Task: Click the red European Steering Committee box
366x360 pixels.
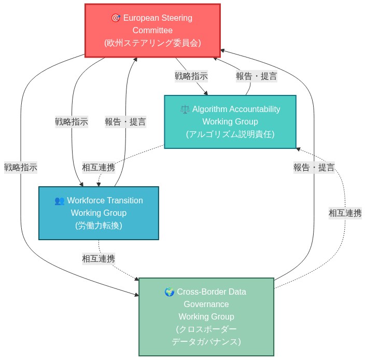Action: pyautogui.click(x=152, y=30)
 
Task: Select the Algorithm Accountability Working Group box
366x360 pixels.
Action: pyautogui.click(x=230, y=122)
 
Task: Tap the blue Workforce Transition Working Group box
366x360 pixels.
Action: pyautogui.click(x=98, y=213)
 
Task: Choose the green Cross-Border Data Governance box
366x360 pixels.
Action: pyautogui.click(x=206, y=316)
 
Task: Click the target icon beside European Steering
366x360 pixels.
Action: pyautogui.click(x=116, y=18)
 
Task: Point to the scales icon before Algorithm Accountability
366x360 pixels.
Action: pyautogui.click(x=185, y=109)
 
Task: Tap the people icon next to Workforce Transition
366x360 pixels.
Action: pyautogui.click(x=60, y=201)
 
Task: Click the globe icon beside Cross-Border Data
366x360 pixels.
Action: pyautogui.click(x=169, y=292)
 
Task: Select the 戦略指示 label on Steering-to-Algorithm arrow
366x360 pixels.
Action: pyautogui.click(x=191, y=76)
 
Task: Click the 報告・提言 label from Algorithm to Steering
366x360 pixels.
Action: pyautogui.click(x=257, y=76)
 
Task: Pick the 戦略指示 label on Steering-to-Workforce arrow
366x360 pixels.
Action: pyautogui.click(x=72, y=122)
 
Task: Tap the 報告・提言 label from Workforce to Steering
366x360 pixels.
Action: pyautogui.click(x=125, y=122)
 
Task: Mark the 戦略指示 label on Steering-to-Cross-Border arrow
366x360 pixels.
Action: pyautogui.click(x=21, y=168)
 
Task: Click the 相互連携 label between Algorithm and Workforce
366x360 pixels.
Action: pyautogui.click(x=98, y=168)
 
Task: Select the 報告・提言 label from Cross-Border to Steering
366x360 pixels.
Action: pyautogui.click(x=314, y=168)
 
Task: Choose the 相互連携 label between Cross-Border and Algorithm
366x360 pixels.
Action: pyautogui.click(x=345, y=213)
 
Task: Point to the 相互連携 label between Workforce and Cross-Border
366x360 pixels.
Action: pyautogui.click(x=98, y=258)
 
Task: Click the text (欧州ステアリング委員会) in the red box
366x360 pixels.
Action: pyautogui.click(x=152, y=43)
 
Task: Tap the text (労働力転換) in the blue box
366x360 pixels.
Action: pyautogui.click(x=98, y=226)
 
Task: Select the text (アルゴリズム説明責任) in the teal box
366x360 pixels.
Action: pyautogui.click(x=230, y=134)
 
